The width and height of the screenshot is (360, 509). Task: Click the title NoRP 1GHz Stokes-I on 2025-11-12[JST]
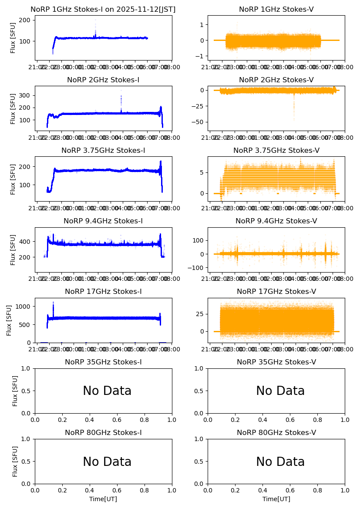103,10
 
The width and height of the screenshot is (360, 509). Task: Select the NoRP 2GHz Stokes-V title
276,80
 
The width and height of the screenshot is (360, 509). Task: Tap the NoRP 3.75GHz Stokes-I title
103,151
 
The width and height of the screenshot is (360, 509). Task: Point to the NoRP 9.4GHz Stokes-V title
276,221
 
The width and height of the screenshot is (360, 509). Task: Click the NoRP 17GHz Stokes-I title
103,292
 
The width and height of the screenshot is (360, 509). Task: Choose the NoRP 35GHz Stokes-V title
276,362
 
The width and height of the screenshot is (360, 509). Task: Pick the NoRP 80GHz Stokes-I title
103,433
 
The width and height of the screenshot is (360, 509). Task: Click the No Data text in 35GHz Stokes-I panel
107,391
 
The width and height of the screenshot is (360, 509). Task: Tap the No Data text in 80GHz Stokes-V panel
280,462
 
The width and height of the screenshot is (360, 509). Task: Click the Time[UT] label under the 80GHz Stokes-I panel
103,499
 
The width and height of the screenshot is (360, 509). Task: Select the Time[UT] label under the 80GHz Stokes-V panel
276,499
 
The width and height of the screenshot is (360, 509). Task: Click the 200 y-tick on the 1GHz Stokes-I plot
26,20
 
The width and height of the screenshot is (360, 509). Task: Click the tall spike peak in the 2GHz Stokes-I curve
121,91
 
